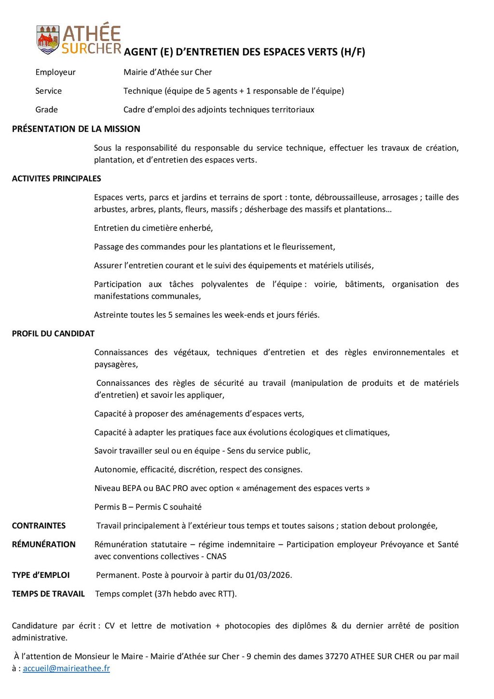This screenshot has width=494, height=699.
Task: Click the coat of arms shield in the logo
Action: pos(48,40)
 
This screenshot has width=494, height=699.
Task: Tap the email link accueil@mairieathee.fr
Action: pos(67,669)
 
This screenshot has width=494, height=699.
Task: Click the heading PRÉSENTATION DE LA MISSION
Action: pos(76,129)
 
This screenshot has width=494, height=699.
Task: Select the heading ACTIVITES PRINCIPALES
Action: pos(56,179)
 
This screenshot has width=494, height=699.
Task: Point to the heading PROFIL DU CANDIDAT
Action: pos(53,334)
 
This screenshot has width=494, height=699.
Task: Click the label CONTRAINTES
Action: pos(39,526)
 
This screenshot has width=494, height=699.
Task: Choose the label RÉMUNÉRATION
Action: pos(43,545)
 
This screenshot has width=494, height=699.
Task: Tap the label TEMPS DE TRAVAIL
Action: pos(48,594)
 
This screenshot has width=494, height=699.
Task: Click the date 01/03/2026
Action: pos(268,575)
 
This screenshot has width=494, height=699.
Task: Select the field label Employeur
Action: pos(55,72)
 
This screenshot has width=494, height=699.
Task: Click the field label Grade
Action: pos(46,110)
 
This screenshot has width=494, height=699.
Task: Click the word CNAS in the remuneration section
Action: pos(216,557)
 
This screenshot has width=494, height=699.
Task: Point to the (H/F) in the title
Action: pos(353,52)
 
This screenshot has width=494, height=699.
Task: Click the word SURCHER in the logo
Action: pos(91,49)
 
